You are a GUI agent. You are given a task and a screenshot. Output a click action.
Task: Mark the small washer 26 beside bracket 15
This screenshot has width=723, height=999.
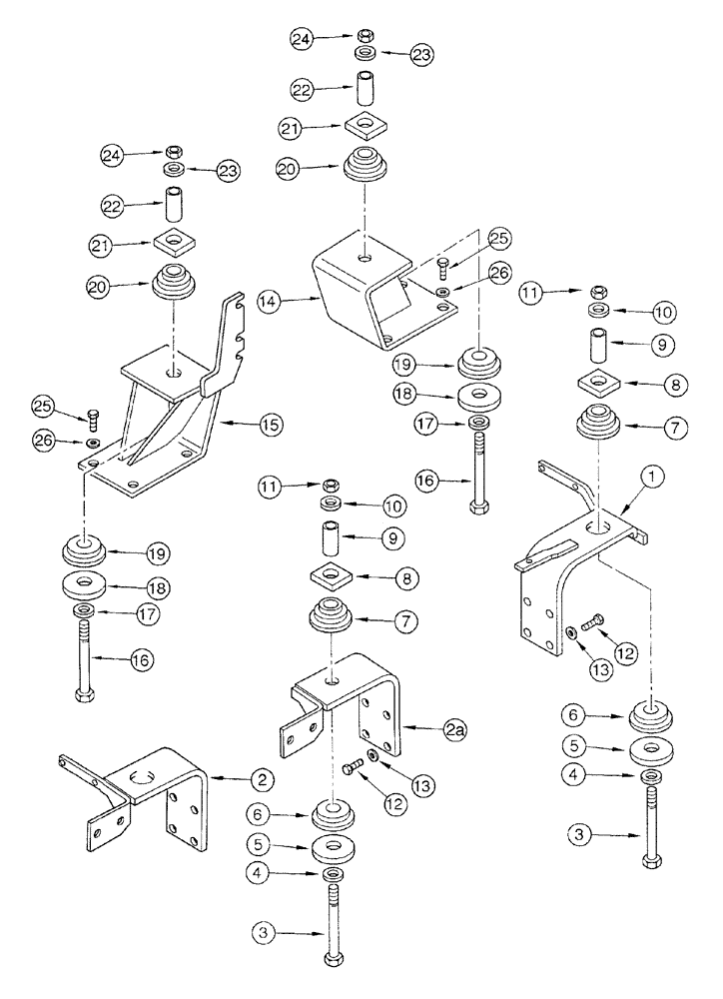91,443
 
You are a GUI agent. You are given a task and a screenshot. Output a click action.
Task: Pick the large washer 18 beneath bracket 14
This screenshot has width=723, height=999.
480,396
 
